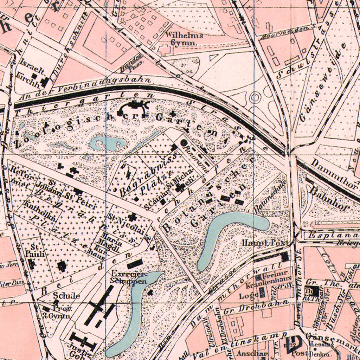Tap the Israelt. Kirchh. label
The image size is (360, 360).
(x=29, y=69)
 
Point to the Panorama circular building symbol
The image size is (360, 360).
(x=184, y=142)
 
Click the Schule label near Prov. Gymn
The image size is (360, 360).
(x=66, y=296)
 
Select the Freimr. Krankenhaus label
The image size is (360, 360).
(x=270, y=275)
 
